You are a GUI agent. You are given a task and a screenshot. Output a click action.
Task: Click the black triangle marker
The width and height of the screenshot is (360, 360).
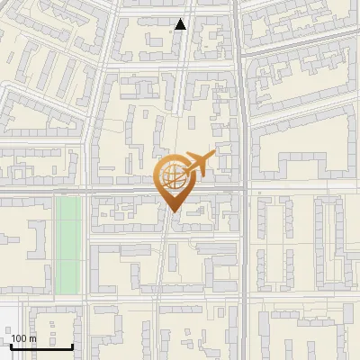tap(181, 24)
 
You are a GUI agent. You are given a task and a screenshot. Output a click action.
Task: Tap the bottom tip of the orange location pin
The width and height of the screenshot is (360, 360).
tap(172, 212)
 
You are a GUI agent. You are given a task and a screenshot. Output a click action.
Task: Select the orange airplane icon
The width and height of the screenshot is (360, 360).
tap(198, 165)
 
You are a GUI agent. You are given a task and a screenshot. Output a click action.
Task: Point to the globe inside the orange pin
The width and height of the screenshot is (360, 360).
tap(172, 177)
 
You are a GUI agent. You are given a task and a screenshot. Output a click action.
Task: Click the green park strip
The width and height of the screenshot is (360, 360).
tap(68, 244)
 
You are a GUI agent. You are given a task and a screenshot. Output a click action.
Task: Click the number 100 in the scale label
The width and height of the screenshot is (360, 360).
tap(19, 338)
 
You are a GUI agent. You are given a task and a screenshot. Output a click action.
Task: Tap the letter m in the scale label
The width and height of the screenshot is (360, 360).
tap(32, 338)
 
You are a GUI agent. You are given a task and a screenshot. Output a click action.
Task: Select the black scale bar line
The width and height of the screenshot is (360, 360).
tap(41, 346)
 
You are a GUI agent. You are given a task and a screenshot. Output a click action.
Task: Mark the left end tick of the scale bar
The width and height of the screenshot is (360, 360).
tap(12, 344)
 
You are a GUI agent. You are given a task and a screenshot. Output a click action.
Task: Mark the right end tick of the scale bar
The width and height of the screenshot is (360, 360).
tap(72, 344)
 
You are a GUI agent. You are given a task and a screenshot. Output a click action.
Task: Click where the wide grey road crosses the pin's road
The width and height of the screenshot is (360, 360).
tap(243, 191)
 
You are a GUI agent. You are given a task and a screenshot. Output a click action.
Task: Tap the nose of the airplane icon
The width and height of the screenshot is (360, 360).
tap(214, 157)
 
